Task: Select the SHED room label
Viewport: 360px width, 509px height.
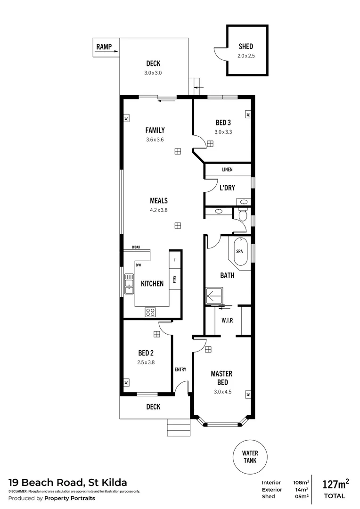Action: pos(245,46)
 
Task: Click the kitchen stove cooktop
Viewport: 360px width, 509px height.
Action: pos(151,312)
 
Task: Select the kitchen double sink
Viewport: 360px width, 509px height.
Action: pos(129,284)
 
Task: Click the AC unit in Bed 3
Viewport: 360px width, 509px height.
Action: pos(247,115)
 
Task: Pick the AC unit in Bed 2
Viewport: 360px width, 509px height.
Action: pos(126,382)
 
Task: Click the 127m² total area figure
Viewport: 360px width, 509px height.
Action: pos(335,484)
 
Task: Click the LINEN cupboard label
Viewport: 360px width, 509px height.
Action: pos(227,169)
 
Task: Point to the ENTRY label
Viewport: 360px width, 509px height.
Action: pos(180,369)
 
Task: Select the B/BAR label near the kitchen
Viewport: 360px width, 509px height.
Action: pos(136,247)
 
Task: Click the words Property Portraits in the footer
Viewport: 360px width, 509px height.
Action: pos(70,498)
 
